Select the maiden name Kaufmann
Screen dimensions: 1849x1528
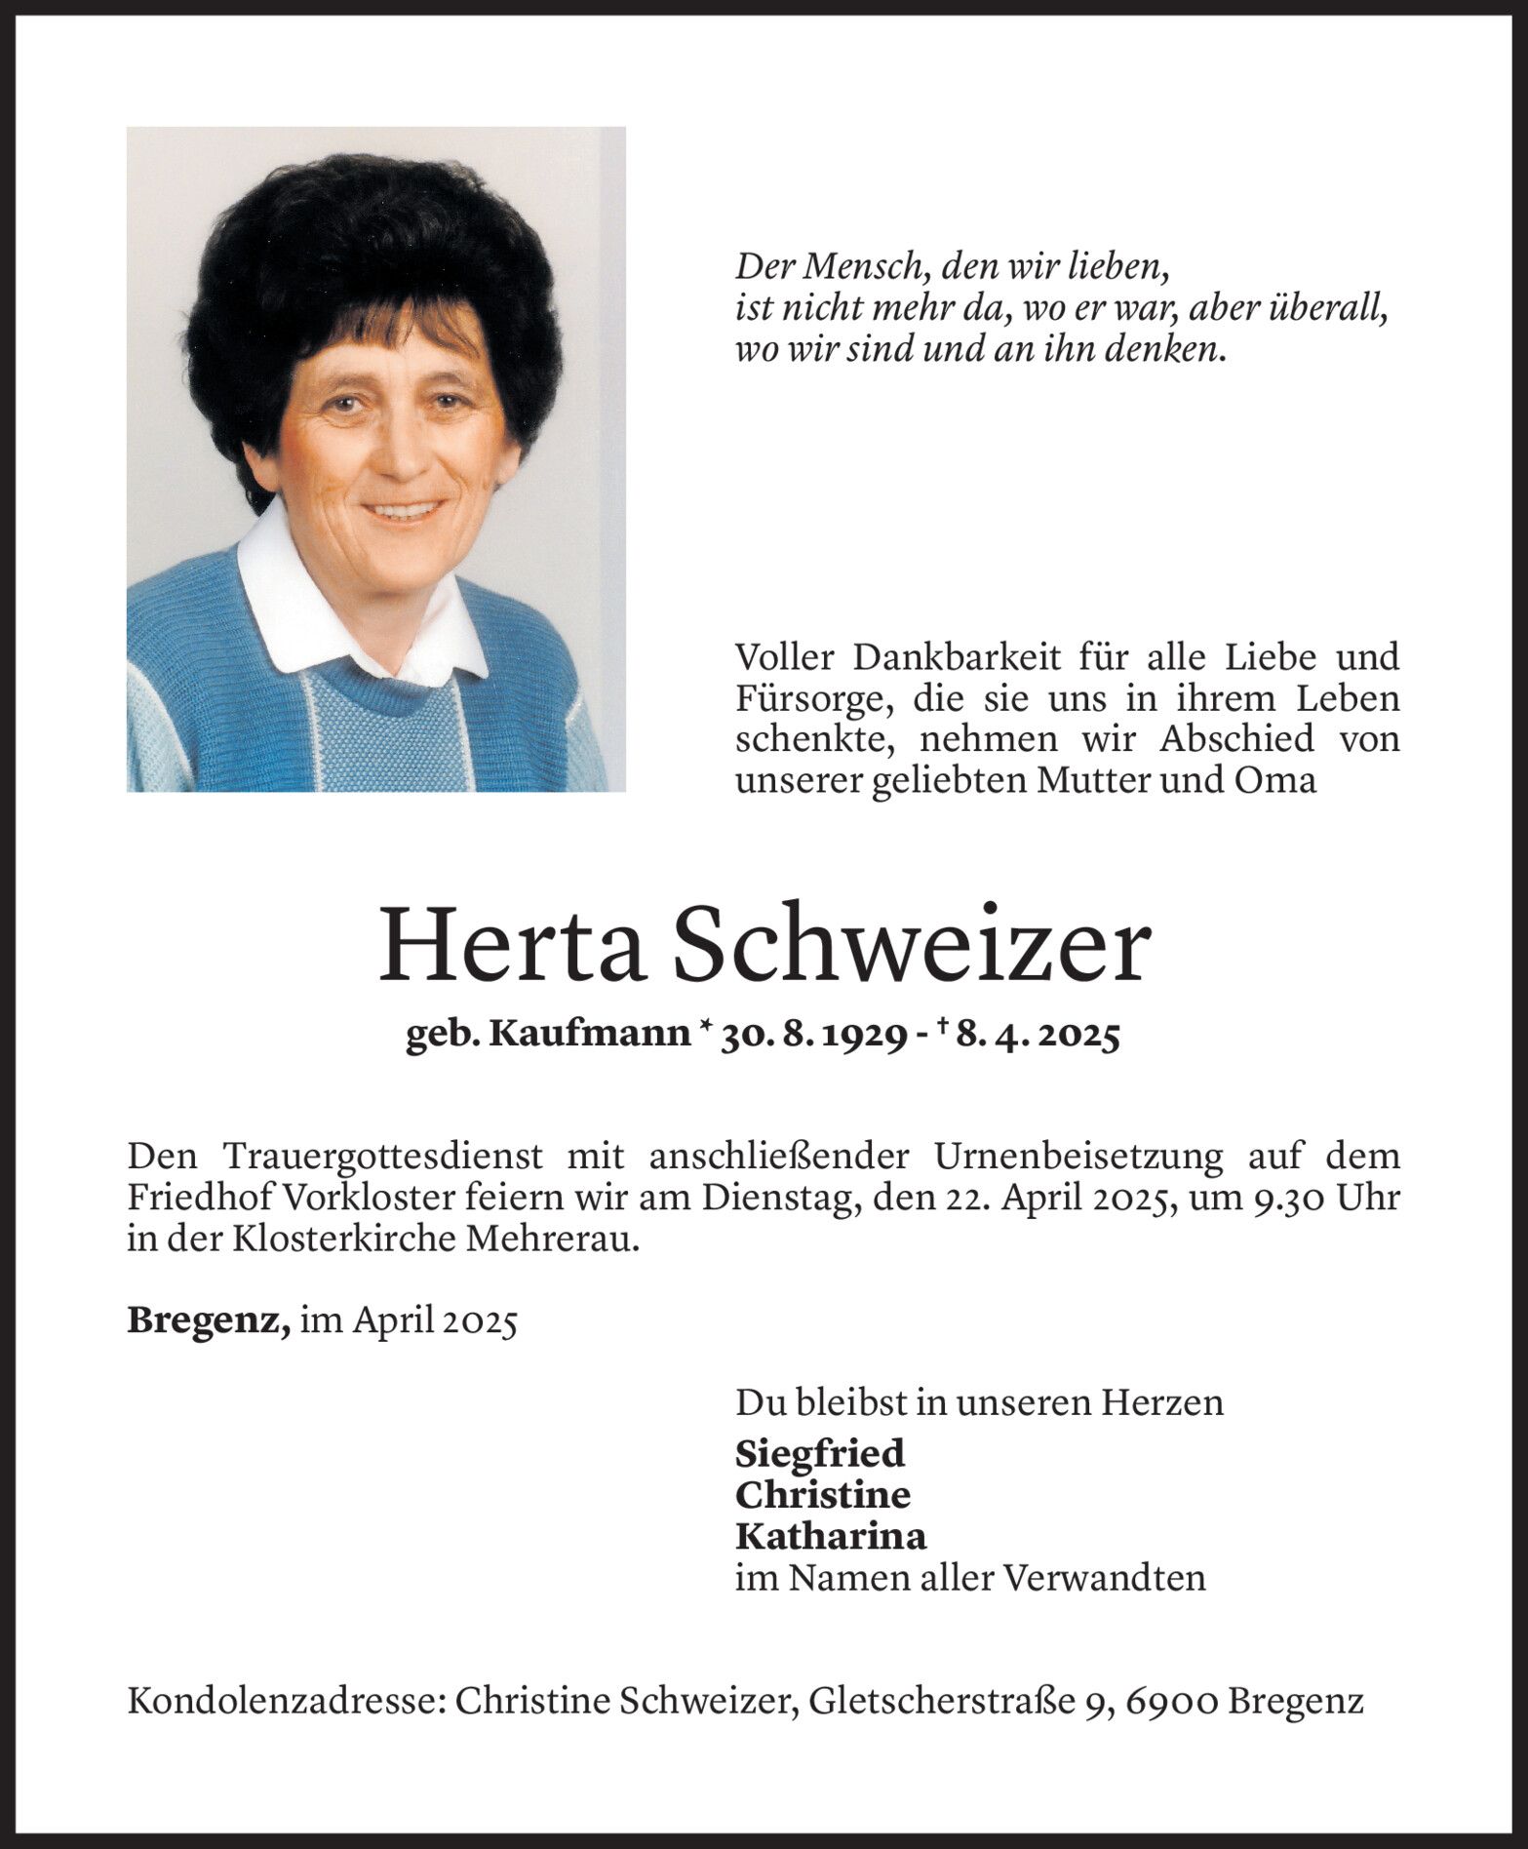(x=589, y=1035)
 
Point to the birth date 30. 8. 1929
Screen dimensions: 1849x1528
(x=808, y=1036)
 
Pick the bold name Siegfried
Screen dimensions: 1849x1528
(x=820, y=1453)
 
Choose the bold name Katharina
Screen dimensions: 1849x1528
(x=831, y=1536)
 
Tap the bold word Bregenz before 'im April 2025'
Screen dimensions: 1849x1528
(x=208, y=1320)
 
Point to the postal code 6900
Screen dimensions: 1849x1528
(x=1172, y=1703)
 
